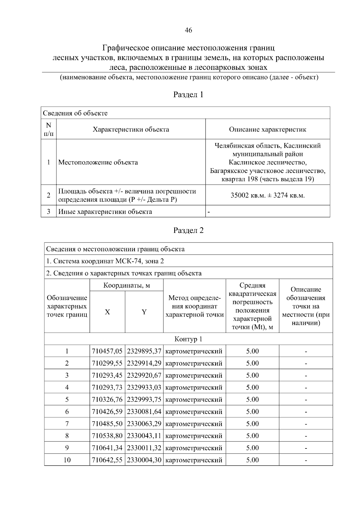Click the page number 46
(x=188, y=30)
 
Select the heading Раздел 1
(x=188, y=95)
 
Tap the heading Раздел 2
(x=188, y=230)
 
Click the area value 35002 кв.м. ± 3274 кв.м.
(x=268, y=195)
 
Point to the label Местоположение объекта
(x=98, y=162)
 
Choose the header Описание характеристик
(x=268, y=129)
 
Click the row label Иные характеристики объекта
(x=105, y=212)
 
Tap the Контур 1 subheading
(x=188, y=339)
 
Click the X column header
(x=107, y=312)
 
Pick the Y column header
(x=144, y=312)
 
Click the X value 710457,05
(x=107, y=351)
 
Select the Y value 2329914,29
(x=144, y=363)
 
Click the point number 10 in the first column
(x=67, y=460)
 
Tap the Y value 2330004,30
(x=144, y=460)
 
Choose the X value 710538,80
(x=107, y=436)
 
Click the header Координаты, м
(x=126, y=285)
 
